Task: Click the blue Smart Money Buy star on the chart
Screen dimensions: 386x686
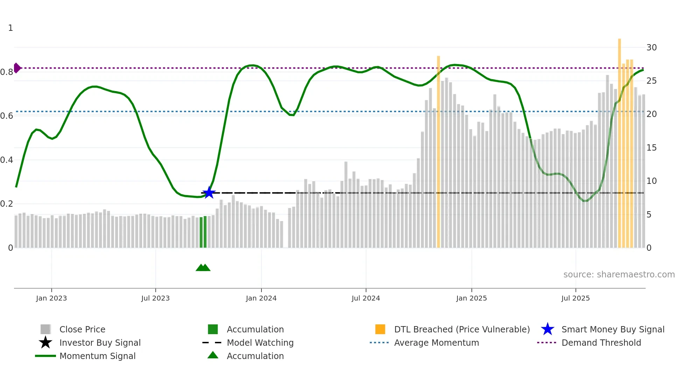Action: pos(209,193)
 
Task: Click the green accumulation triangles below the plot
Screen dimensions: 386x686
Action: pos(203,268)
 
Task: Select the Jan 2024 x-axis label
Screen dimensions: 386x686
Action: pos(261,298)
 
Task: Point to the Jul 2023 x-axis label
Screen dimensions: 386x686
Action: pos(155,298)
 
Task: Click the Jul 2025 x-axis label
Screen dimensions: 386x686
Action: pos(575,298)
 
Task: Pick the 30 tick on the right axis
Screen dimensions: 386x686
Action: pos(651,47)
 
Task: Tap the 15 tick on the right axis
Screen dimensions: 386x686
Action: pos(651,147)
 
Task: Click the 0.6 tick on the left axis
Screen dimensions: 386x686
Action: pos(7,116)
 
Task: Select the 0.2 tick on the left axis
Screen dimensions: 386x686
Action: pos(7,204)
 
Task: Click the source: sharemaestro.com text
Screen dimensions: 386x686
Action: pos(619,274)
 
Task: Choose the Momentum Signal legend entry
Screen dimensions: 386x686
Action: pos(97,356)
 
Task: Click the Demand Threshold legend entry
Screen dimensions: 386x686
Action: pos(601,343)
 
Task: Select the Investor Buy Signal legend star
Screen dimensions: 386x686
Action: pos(45,343)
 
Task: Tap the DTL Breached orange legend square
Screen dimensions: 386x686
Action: pos(380,329)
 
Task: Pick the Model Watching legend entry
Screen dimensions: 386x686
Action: pos(260,343)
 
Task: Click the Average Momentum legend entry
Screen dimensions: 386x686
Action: pos(436,343)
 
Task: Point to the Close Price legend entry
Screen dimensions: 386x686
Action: pos(82,329)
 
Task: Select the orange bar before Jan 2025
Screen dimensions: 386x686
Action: pos(438,151)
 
